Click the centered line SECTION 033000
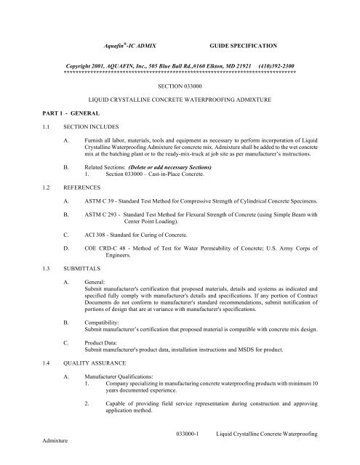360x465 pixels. click(x=180, y=85)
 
